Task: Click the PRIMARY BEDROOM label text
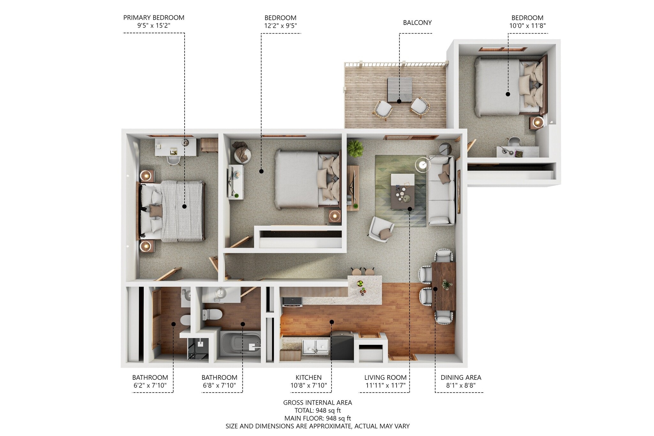point(154,18)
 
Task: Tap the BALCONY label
point(417,23)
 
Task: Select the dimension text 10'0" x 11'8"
point(527,26)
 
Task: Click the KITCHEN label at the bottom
point(308,377)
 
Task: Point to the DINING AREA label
point(460,377)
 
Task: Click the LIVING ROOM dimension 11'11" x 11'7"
point(385,385)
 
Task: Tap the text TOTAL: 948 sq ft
point(317,410)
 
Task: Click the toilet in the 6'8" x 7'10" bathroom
point(212,314)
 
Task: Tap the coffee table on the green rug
point(403,191)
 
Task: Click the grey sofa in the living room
point(441,190)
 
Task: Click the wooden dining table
point(444,286)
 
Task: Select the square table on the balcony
point(399,89)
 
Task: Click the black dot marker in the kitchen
point(332,322)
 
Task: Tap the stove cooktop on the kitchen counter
point(292,301)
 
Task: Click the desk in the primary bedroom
point(176,147)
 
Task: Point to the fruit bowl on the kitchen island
point(360,283)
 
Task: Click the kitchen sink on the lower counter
point(316,346)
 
